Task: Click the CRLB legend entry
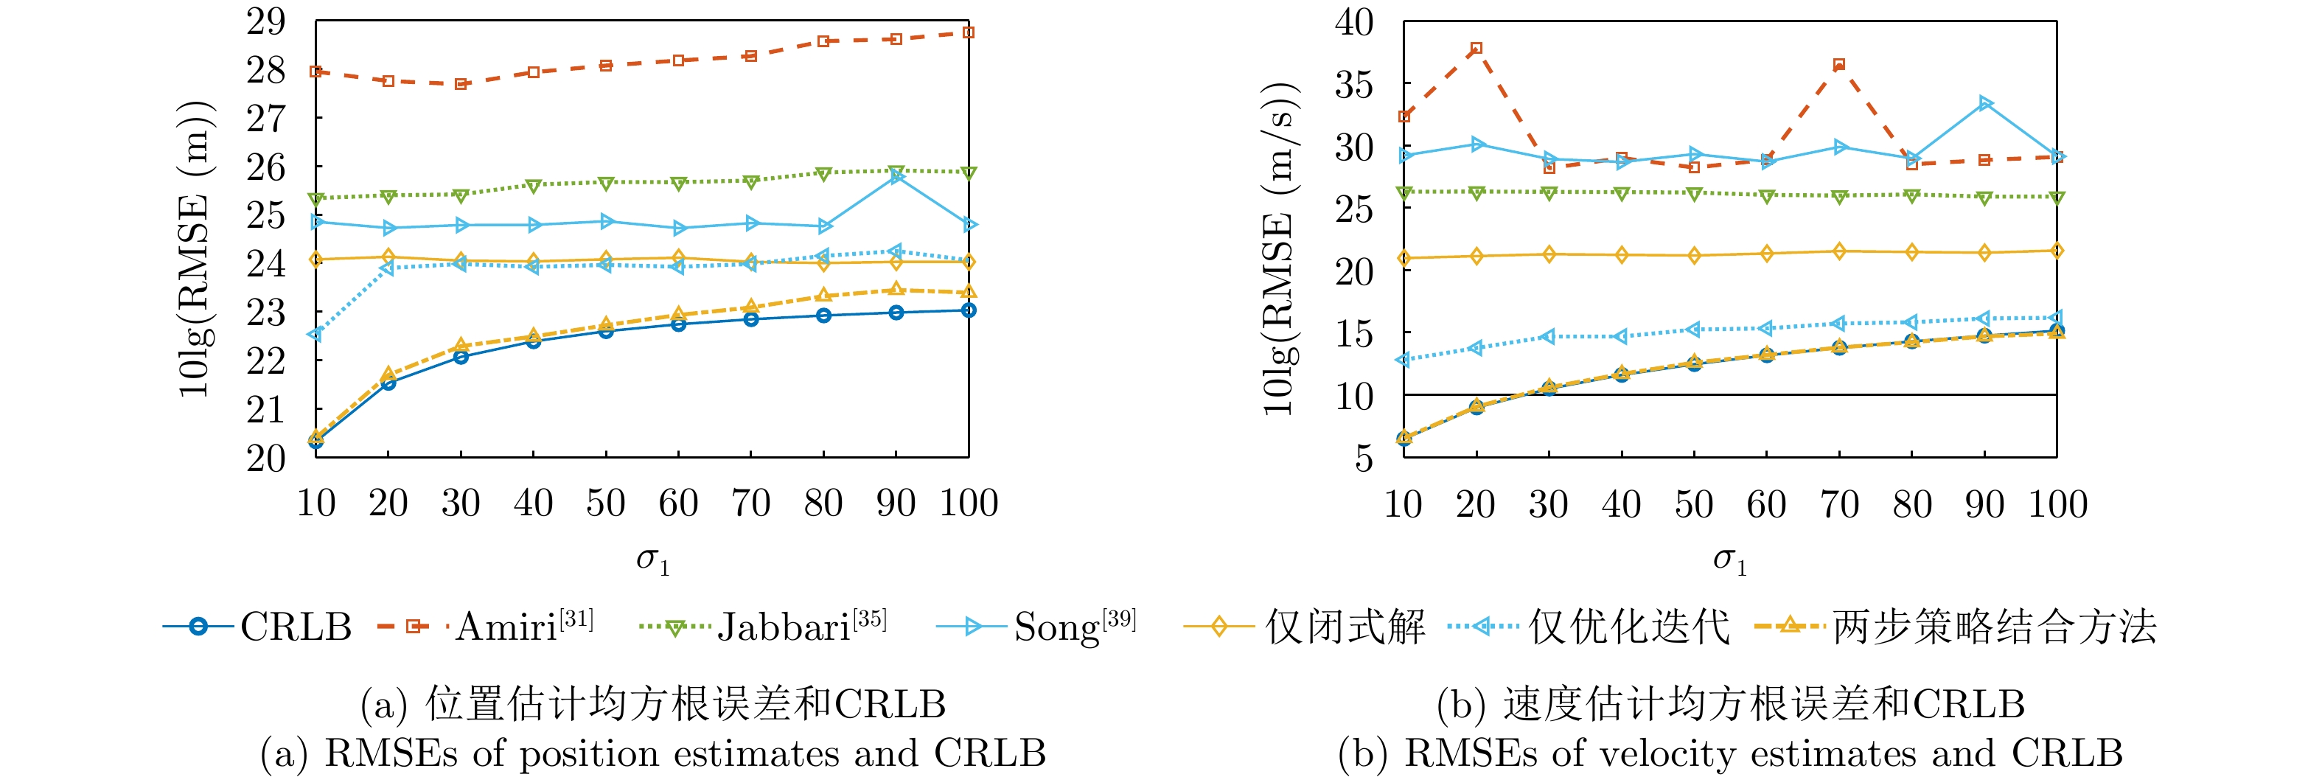point(257,627)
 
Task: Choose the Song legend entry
point(1036,627)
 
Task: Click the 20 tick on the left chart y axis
point(266,458)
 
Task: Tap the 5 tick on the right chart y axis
point(1364,458)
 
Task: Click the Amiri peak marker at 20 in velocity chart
point(1476,49)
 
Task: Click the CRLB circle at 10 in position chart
point(315,441)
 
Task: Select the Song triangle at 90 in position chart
point(896,177)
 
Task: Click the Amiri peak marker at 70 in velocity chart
point(1839,65)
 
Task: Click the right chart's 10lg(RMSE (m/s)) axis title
point(1277,248)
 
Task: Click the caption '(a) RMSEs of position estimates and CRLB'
point(652,753)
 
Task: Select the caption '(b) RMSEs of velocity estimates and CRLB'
point(1730,753)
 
